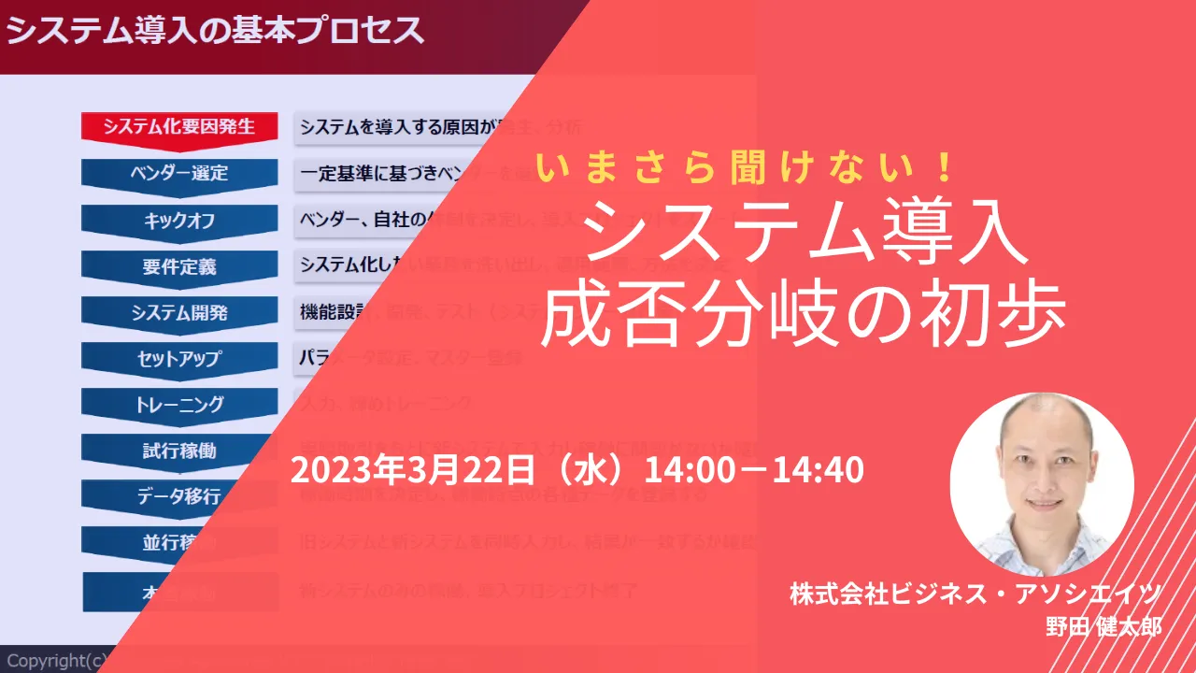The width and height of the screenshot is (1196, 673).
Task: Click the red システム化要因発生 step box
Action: tap(179, 127)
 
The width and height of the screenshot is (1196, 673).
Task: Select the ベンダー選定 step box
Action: tap(179, 174)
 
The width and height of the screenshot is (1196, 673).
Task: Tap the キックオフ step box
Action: tap(179, 221)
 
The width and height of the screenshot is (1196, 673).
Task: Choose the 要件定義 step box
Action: tap(179, 266)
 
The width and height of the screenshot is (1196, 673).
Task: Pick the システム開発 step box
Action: tap(179, 312)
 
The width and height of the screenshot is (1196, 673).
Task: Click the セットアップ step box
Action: tap(179, 358)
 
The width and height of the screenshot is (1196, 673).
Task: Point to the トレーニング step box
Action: tap(179, 404)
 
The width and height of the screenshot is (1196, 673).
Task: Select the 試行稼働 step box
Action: tap(179, 450)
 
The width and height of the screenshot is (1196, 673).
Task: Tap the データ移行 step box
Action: tap(178, 495)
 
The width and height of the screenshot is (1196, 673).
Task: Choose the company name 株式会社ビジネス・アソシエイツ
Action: tap(975, 593)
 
